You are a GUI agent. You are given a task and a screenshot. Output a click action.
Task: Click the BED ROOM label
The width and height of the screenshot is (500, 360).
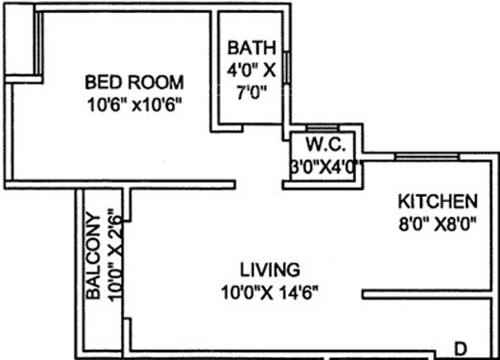(x=134, y=82)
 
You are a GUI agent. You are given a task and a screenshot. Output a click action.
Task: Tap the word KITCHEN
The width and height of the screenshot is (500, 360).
(x=437, y=202)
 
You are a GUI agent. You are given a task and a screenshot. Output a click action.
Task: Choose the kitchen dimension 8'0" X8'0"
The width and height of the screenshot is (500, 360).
(x=437, y=225)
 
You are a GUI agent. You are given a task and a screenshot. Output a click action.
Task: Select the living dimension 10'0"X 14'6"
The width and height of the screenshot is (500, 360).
(x=268, y=292)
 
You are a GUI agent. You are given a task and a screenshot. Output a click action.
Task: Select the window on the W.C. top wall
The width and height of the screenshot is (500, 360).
(x=322, y=128)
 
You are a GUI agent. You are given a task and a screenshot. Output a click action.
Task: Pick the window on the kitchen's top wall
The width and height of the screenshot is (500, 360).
(x=426, y=156)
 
